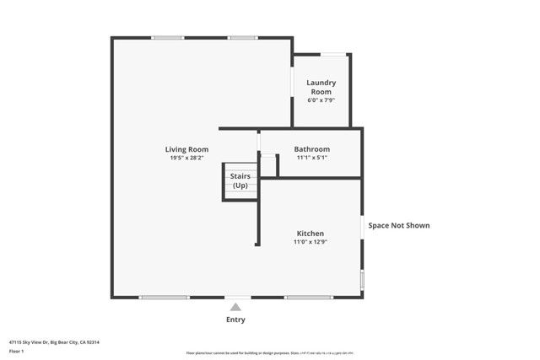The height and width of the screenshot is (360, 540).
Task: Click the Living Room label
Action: click(186, 149)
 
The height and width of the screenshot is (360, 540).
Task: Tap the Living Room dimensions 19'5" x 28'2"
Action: click(186, 158)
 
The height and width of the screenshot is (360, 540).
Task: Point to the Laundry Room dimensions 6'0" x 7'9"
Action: click(321, 100)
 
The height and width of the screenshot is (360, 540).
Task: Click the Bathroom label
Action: click(311, 149)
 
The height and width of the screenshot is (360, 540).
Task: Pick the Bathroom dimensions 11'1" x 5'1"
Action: click(311, 158)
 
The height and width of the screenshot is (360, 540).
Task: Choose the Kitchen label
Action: click(310, 234)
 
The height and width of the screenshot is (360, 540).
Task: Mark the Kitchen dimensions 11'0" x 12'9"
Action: click(310, 242)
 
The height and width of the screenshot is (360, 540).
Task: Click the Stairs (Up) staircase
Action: click(240, 181)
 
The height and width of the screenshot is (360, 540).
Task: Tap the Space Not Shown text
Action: click(399, 225)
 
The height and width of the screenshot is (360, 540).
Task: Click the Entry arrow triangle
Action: click(237, 306)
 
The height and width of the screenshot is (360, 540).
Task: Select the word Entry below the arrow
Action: click(237, 320)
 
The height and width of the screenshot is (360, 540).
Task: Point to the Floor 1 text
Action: click(17, 351)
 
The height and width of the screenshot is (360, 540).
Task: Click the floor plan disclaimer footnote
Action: click(269, 353)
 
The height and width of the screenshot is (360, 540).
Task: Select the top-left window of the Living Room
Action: click(168, 37)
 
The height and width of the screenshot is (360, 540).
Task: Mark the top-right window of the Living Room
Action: click(243, 37)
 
